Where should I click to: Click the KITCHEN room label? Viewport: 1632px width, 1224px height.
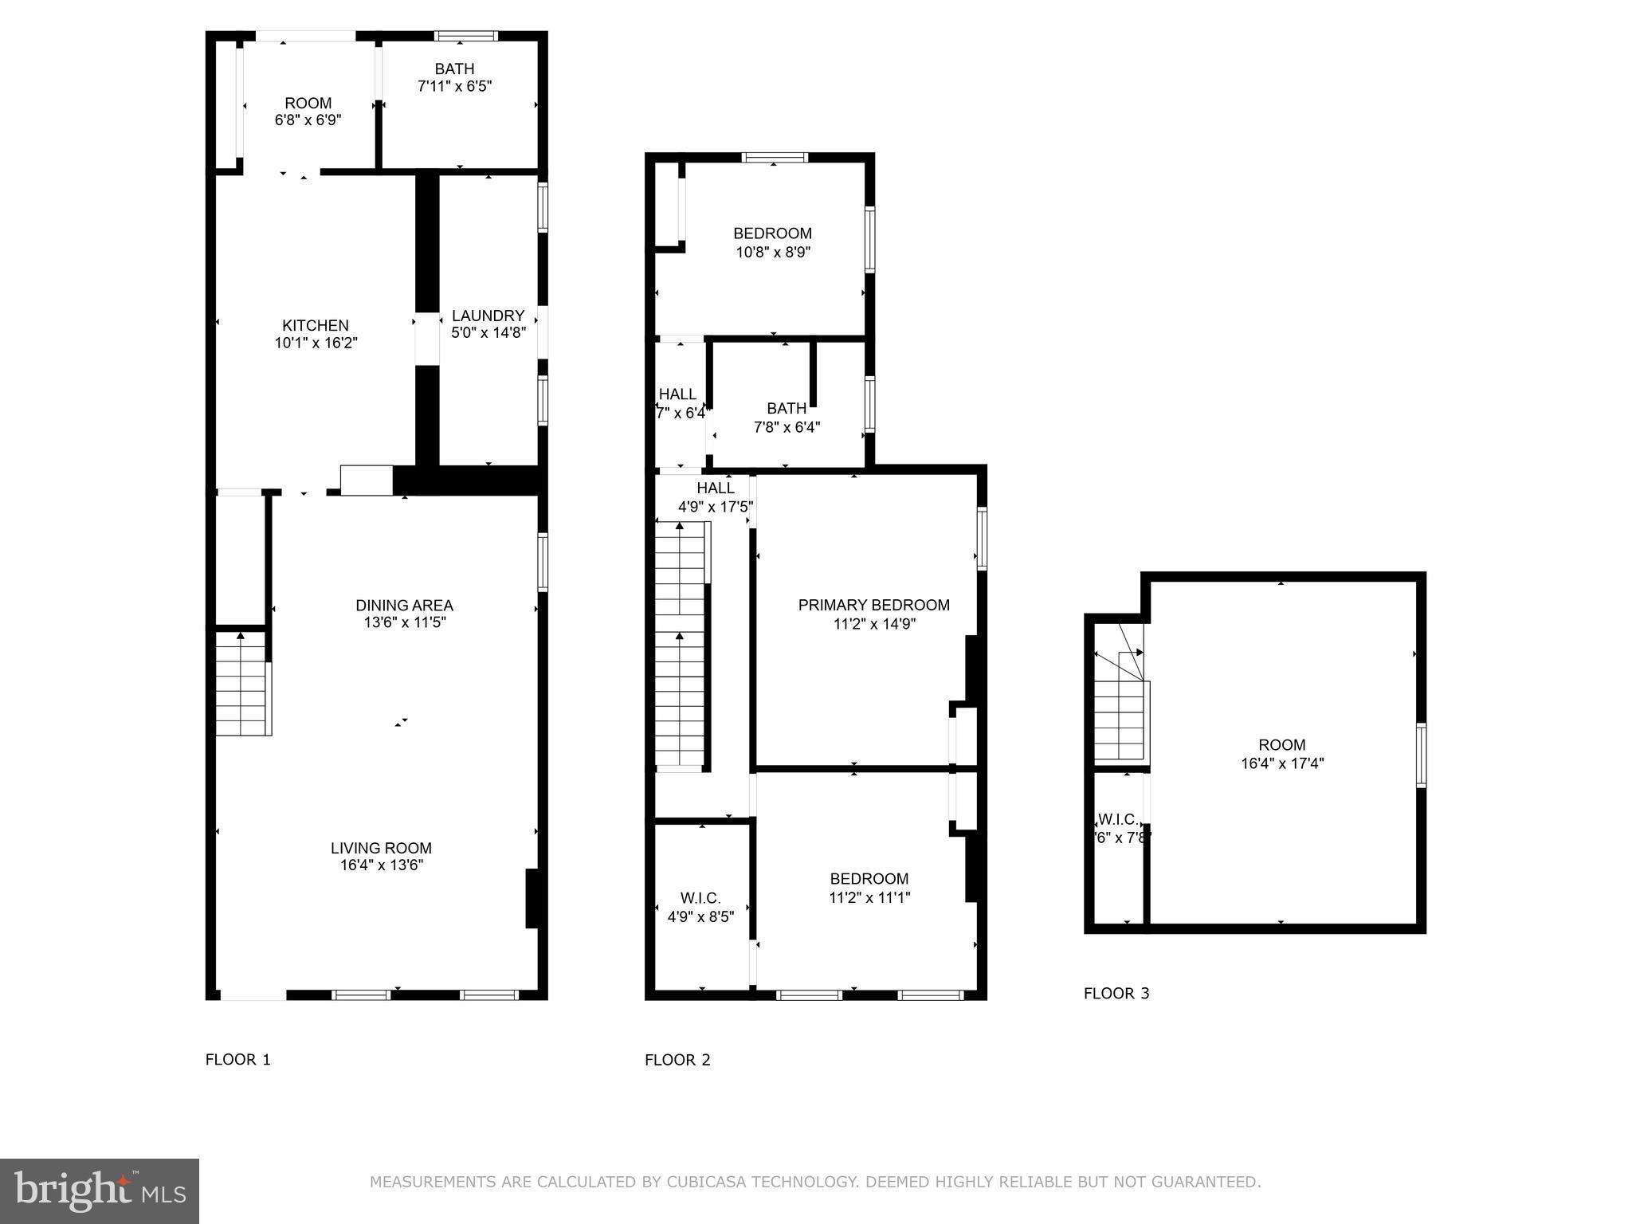point(316,325)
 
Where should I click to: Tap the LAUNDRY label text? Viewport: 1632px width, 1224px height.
point(488,316)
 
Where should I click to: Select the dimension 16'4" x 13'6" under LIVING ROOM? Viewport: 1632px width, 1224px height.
point(381,865)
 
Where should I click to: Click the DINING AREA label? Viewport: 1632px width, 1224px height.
point(404,606)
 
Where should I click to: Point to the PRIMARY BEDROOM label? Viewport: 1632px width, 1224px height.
point(873,606)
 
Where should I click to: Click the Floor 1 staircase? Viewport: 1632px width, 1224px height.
point(242,684)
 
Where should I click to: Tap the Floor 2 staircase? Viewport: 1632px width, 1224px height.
point(680,645)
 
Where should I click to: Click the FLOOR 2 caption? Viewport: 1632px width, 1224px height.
point(677,1060)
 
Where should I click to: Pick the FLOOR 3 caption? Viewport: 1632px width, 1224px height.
point(1116,994)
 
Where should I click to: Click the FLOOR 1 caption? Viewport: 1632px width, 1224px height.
point(238,1060)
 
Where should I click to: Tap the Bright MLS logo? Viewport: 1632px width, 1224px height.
point(100,1191)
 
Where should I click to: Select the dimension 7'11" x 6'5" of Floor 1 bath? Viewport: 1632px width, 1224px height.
point(454,86)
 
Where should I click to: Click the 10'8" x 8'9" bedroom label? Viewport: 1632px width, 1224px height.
point(772,243)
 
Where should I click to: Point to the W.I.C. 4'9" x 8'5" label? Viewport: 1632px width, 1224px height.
point(700,908)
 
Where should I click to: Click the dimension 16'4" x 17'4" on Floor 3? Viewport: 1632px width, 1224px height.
point(1282,763)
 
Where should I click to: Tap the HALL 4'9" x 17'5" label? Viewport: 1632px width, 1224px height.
point(715,497)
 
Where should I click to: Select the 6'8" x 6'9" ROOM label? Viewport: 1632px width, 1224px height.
point(308,112)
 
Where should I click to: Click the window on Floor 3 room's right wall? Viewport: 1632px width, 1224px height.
point(1420,755)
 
